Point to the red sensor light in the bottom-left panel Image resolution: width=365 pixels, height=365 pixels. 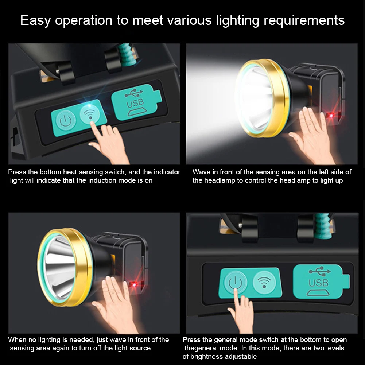pos(134,283)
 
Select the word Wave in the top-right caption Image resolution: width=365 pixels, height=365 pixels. pos(201,172)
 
